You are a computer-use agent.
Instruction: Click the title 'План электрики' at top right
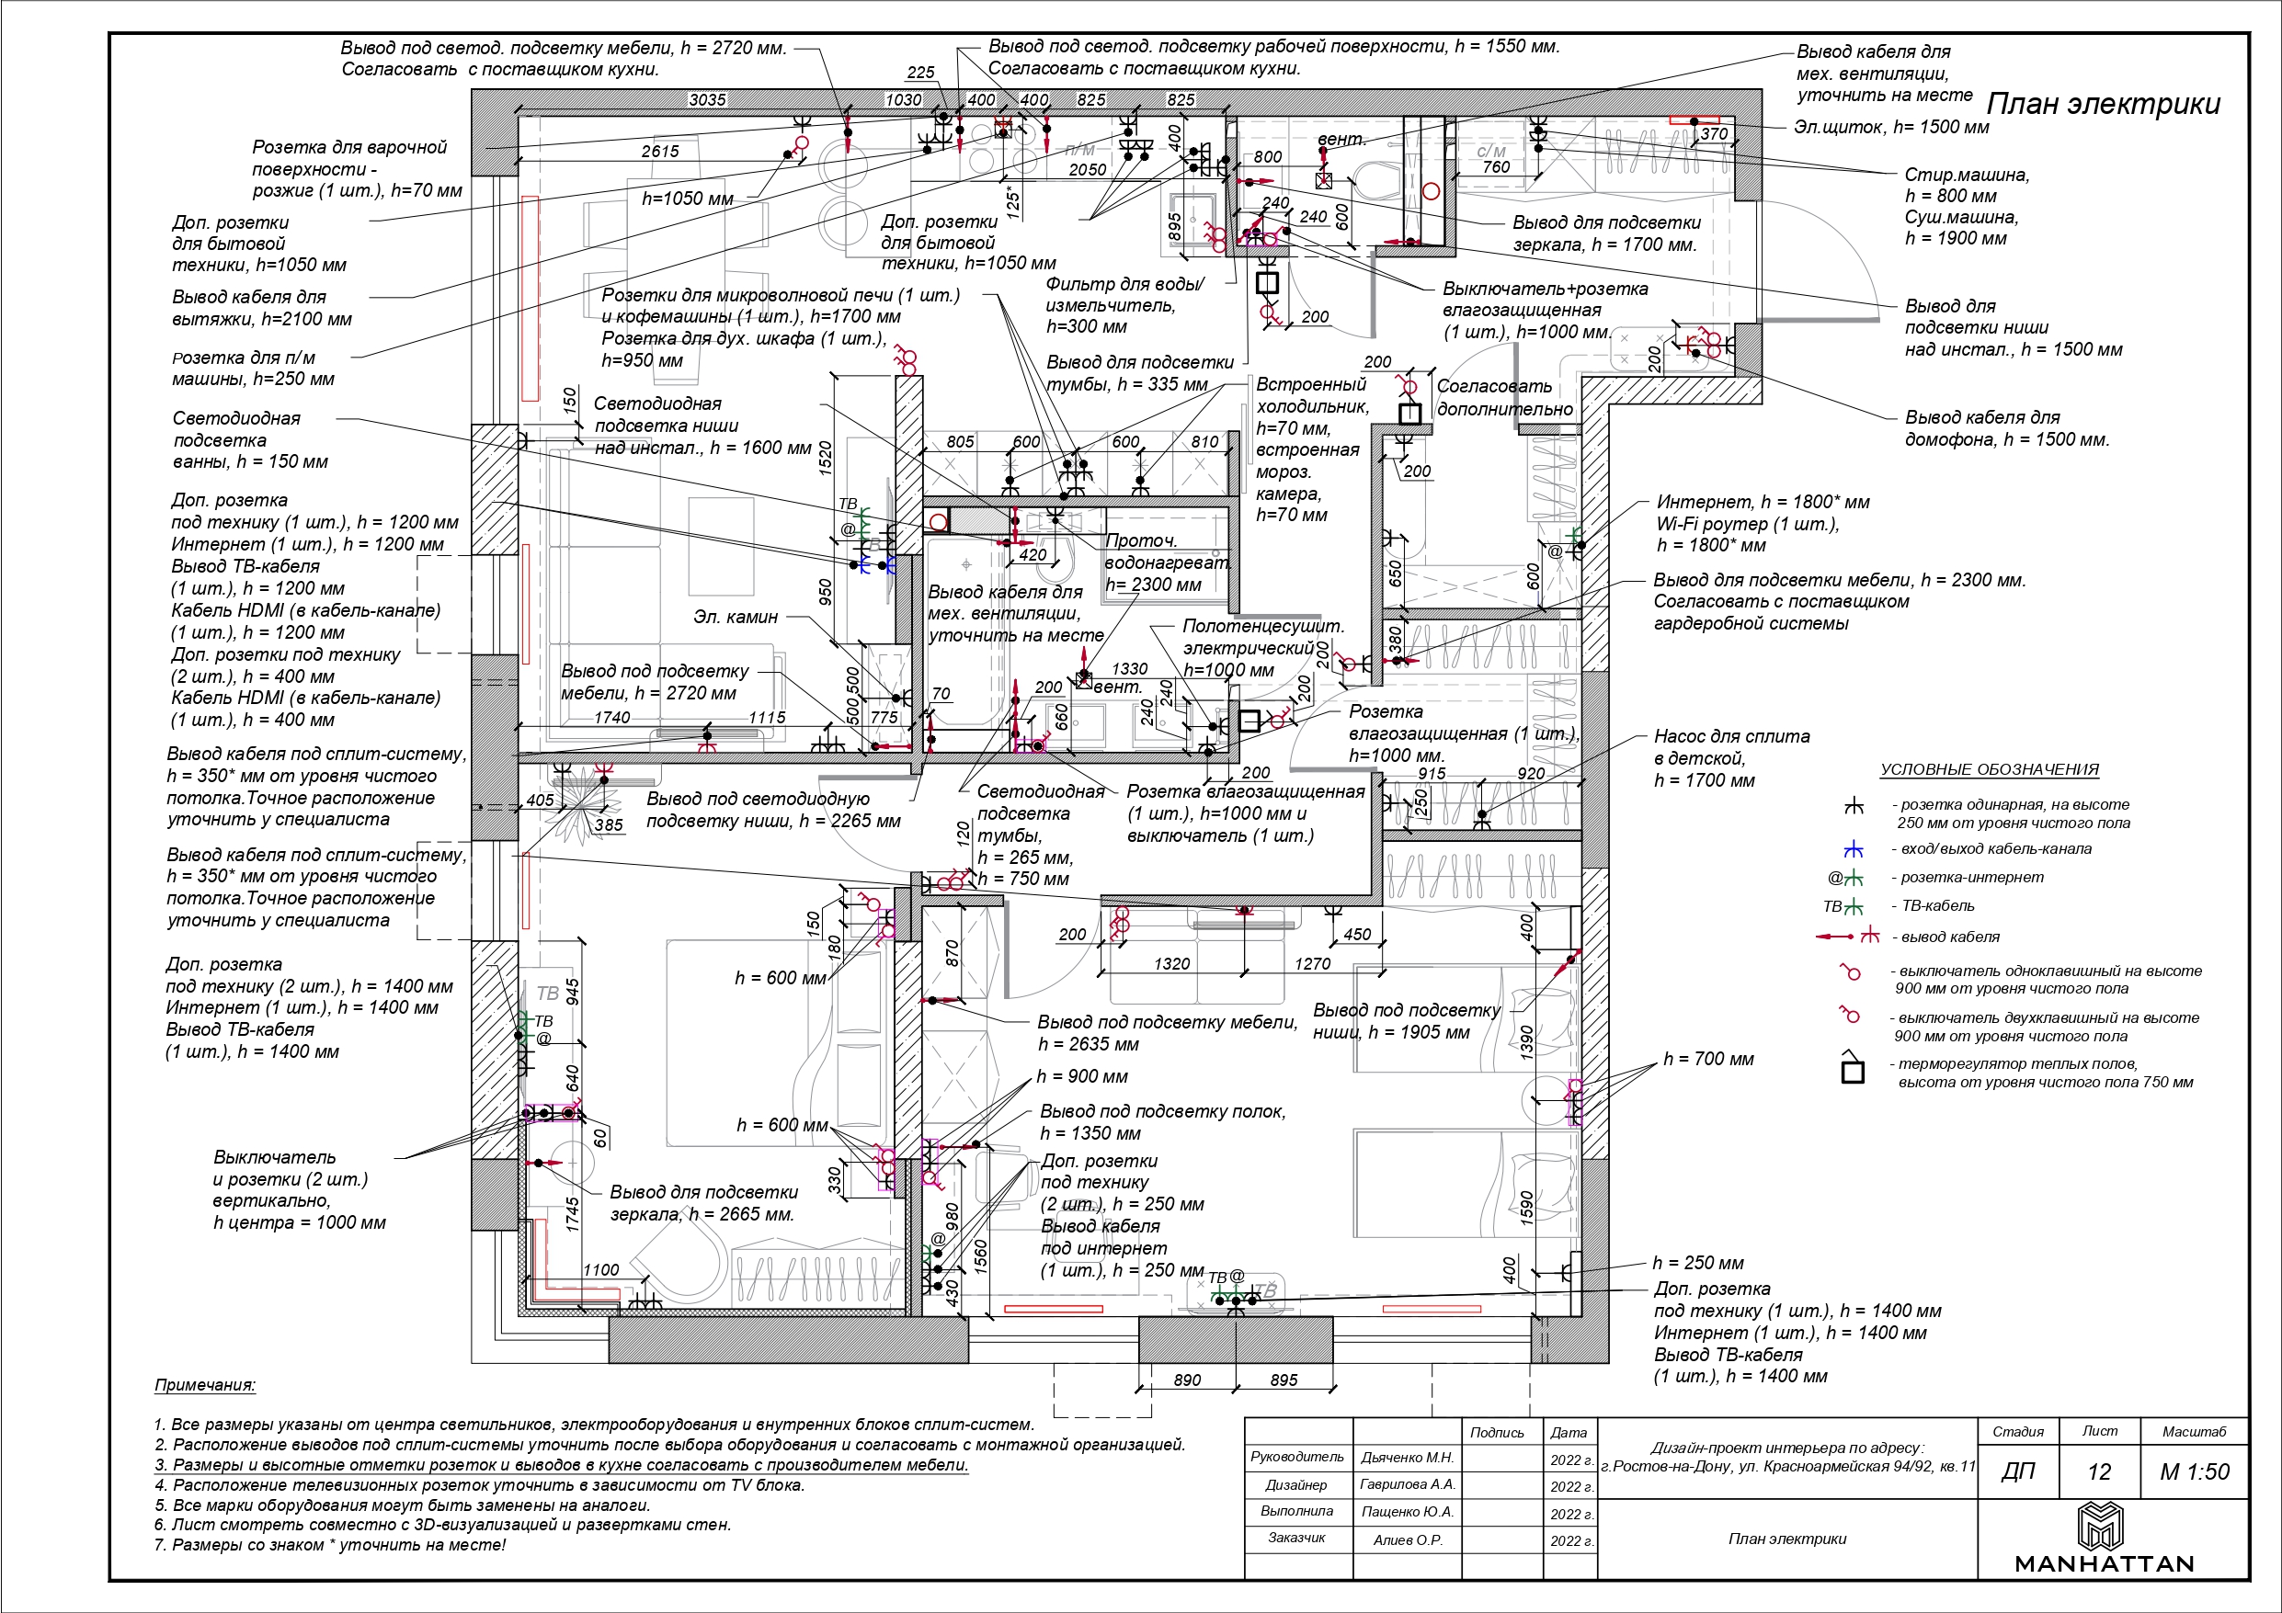[2102, 106]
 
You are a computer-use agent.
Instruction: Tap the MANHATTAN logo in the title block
[2103, 1538]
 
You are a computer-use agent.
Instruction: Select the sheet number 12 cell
[2098, 1471]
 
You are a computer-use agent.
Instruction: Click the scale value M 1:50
[2195, 1471]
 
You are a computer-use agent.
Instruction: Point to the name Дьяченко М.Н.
[1407, 1457]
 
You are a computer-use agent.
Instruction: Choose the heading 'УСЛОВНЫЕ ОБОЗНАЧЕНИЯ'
[1989, 769]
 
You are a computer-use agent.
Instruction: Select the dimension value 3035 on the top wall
[707, 99]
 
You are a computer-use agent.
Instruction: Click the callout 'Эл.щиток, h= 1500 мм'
[1891, 127]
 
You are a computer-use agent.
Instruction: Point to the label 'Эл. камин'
[736, 618]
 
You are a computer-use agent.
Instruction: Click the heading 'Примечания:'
[205, 1385]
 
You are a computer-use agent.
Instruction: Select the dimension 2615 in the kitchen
[660, 151]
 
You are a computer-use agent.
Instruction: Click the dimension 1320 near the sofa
[1172, 963]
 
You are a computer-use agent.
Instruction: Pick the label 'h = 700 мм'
[1707, 1060]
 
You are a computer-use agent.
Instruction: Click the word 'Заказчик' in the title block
[1296, 1539]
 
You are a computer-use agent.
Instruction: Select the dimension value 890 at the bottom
[1187, 1380]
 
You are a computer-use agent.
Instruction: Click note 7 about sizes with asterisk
[330, 1545]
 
